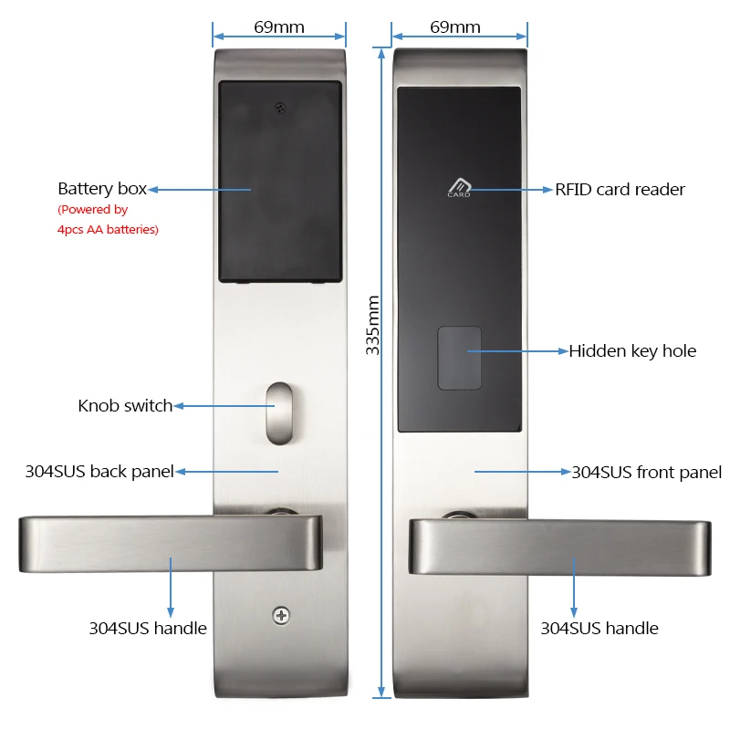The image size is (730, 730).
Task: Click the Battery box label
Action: tap(101, 189)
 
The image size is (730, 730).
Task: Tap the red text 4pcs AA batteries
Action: tap(108, 230)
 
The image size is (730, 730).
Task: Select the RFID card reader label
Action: tap(620, 190)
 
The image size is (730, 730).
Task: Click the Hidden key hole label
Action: tap(632, 351)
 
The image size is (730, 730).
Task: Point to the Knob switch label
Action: tap(125, 406)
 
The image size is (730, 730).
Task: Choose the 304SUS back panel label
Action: tap(99, 472)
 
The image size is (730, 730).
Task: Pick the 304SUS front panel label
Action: tap(646, 472)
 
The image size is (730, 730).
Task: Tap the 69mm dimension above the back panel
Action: tap(279, 26)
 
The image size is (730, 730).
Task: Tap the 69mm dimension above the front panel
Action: tap(455, 26)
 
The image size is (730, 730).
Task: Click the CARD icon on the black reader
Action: tap(458, 186)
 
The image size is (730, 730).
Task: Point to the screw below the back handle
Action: tap(279, 616)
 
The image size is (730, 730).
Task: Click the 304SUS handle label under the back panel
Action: tap(148, 628)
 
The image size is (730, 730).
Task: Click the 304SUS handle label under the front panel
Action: tap(600, 628)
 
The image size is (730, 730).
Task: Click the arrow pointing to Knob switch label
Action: tap(210, 406)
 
